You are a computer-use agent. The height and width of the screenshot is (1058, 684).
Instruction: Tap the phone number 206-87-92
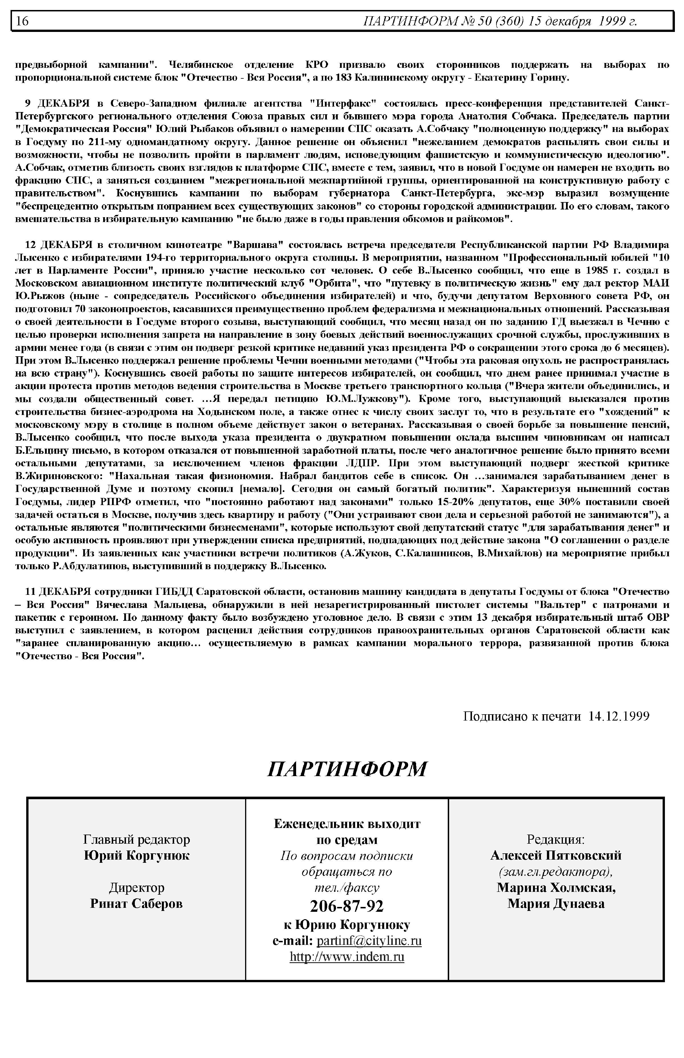tap(347, 906)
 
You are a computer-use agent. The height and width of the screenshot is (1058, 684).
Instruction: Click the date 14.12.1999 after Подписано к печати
tap(619, 716)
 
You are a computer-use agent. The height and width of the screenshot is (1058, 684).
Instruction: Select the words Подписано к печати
tap(522, 716)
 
